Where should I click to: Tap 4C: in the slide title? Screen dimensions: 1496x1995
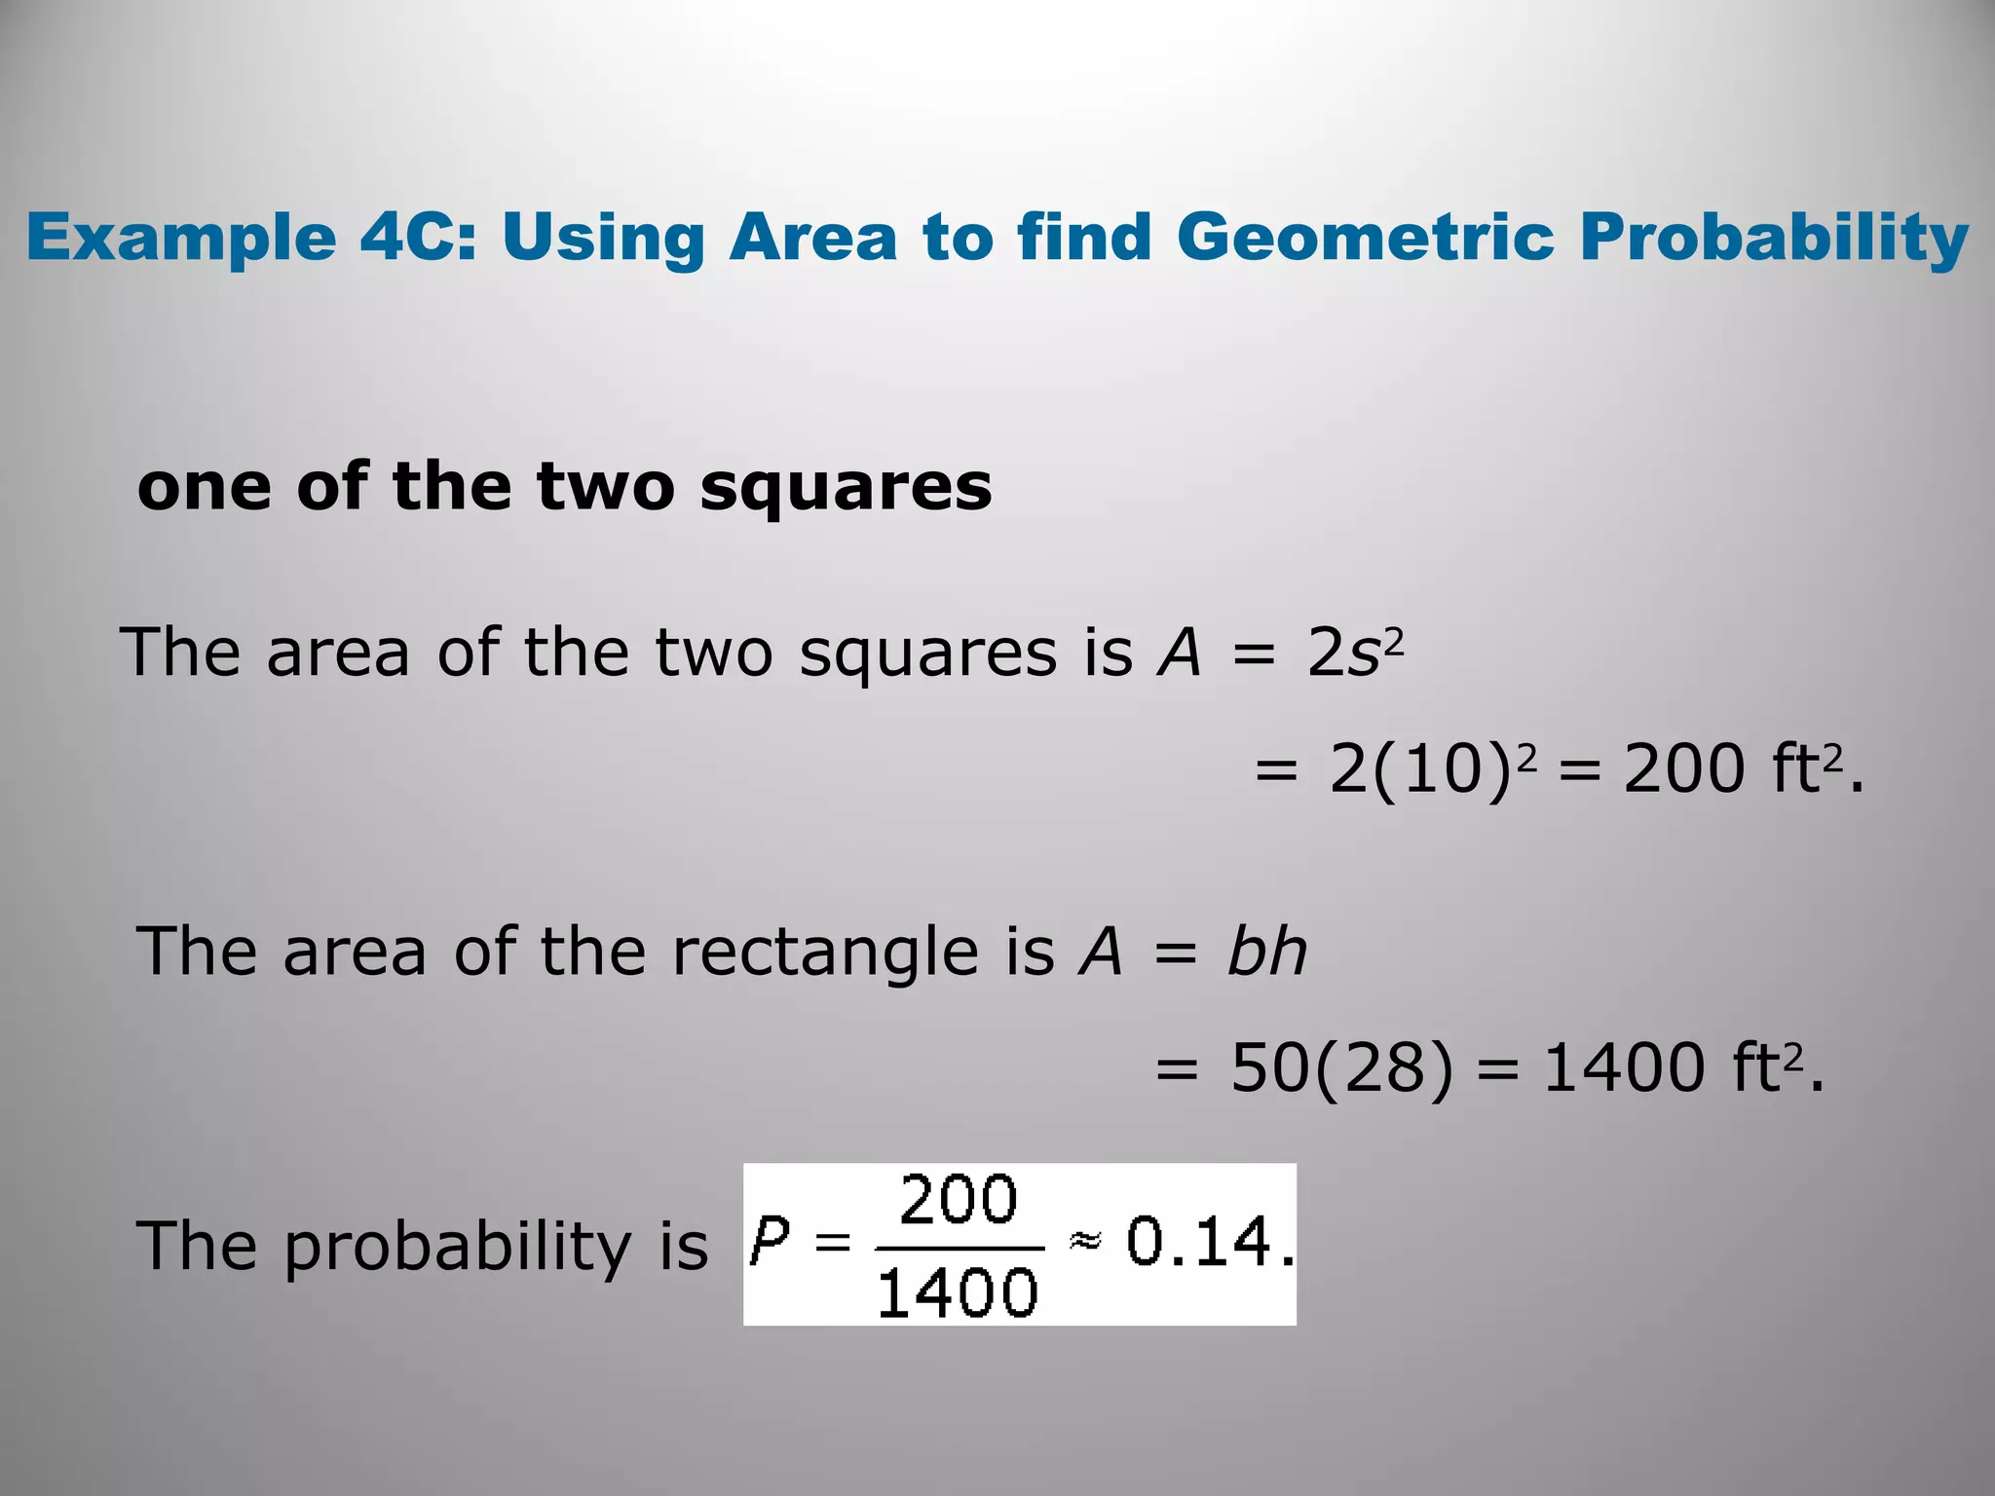(419, 237)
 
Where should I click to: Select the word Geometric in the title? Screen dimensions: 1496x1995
(1365, 237)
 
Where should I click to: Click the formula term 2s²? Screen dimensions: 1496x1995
(1355, 653)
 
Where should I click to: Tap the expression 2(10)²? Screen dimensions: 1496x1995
(1432, 769)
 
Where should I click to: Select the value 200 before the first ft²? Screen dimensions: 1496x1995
(1684, 769)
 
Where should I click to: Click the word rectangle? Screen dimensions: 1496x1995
(824, 953)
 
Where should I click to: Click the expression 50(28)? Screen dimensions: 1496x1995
(1342, 1068)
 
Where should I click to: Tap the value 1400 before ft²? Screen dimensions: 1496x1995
(1624, 1068)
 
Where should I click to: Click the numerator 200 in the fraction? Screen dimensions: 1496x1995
(959, 1200)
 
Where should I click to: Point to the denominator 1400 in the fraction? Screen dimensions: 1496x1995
(958, 1293)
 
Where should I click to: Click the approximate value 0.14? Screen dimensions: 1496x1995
(1208, 1243)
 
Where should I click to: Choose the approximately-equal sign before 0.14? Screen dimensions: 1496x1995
(1084, 1241)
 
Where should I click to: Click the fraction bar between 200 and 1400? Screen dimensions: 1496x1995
(960, 1248)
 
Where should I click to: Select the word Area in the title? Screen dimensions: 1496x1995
(812, 237)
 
